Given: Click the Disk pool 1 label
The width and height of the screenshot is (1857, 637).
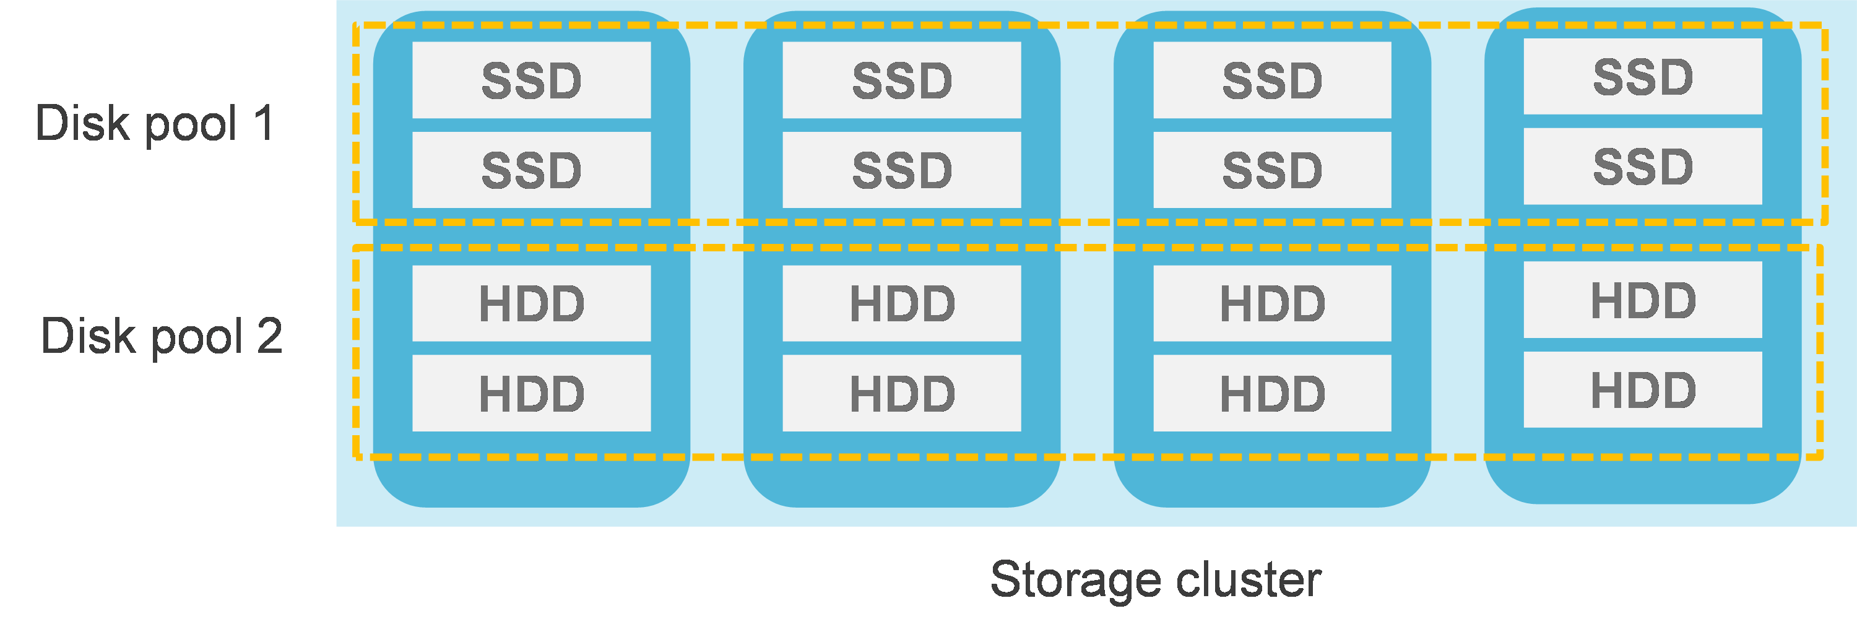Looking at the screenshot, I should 154,123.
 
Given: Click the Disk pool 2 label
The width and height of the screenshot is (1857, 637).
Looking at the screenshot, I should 162,336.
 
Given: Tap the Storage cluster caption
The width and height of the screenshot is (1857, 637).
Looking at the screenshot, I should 1156,579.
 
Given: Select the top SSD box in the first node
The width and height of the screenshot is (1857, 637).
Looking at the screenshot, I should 531,80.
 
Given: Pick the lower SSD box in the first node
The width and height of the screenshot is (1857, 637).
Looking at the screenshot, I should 531,170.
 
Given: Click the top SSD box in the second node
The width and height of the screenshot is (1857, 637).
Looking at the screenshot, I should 902,80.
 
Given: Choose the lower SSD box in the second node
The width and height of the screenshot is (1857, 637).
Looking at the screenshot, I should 902,170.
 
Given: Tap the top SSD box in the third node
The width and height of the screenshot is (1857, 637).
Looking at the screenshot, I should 1273,80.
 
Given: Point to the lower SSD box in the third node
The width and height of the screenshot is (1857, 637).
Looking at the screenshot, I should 1273,170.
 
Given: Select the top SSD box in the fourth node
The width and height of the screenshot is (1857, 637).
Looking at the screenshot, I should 1643,76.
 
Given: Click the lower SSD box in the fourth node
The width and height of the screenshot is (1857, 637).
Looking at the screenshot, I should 1643,167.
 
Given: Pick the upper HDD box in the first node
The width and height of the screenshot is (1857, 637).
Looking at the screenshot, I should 531,303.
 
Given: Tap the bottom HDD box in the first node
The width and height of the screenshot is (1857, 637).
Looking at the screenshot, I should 531,394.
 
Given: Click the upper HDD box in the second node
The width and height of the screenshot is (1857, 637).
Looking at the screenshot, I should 902,303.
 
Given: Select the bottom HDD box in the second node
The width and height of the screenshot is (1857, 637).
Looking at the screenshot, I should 902,394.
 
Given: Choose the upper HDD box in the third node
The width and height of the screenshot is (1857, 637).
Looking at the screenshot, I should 1273,303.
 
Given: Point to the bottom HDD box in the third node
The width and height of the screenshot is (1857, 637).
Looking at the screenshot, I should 1273,394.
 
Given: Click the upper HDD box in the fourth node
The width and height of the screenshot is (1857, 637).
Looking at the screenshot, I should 1643,300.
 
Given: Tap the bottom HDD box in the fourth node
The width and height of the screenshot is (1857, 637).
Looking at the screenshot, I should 1643,390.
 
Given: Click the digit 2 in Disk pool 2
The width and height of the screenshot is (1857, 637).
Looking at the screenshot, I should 270,336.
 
